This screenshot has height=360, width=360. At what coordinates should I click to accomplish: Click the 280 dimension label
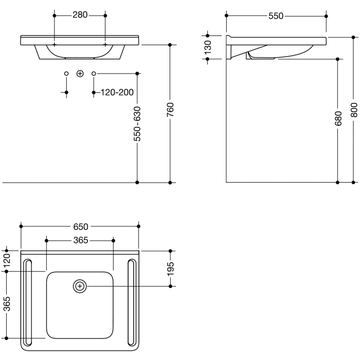[80, 15]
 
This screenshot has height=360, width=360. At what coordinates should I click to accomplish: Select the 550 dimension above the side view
[276, 16]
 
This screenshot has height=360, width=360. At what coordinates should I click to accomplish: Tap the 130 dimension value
[208, 47]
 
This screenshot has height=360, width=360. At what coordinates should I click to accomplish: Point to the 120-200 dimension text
[117, 93]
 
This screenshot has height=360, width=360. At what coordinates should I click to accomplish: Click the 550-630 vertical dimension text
[137, 124]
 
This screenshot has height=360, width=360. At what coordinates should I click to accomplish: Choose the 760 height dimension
[170, 110]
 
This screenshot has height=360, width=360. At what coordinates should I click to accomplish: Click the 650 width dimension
[80, 226]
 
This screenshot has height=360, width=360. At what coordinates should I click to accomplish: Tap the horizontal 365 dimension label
[80, 240]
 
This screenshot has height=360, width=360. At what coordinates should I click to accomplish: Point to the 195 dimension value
[171, 268]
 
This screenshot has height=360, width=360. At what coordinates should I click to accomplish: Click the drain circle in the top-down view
[80, 286]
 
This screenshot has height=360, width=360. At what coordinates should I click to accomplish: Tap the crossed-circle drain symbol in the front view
[80, 74]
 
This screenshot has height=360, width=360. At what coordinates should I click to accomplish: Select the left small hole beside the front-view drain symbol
[66, 74]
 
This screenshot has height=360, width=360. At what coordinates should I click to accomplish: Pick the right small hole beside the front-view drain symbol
[94, 74]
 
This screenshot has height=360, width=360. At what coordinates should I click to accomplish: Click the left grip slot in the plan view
[28, 303]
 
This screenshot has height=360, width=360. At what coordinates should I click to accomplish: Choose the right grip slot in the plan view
[131, 303]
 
